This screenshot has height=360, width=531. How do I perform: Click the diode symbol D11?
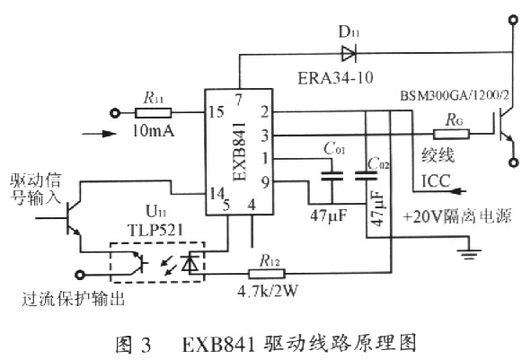tap(349, 54)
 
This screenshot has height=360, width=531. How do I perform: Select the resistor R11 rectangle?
tap(153, 113)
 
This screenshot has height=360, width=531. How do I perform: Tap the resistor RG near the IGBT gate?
tap(451, 135)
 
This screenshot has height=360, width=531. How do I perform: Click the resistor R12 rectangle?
tap(267, 274)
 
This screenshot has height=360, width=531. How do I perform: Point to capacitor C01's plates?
tap(332, 176)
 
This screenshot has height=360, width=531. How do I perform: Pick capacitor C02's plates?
tap(366, 176)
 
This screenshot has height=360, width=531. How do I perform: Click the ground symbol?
tap(469, 254)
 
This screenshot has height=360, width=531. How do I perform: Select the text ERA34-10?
tap(335, 78)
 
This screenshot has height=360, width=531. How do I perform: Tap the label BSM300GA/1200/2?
tap(455, 95)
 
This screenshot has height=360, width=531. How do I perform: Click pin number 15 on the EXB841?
tap(216, 112)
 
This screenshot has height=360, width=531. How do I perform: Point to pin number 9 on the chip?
tap(265, 182)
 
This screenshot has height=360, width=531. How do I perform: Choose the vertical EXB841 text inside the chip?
tap(239, 152)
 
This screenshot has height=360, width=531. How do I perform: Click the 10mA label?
tap(153, 130)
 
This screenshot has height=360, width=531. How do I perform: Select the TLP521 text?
tap(155, 230)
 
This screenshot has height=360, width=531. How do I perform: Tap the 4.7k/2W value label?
tap(268, 291)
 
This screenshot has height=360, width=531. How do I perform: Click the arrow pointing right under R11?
tap(99, 134)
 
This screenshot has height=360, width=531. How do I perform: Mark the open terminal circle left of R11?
tap(116, 113)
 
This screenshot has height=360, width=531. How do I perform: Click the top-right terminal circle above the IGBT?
tap(513, 20)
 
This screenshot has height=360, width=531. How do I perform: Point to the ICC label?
tap(436, 181)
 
